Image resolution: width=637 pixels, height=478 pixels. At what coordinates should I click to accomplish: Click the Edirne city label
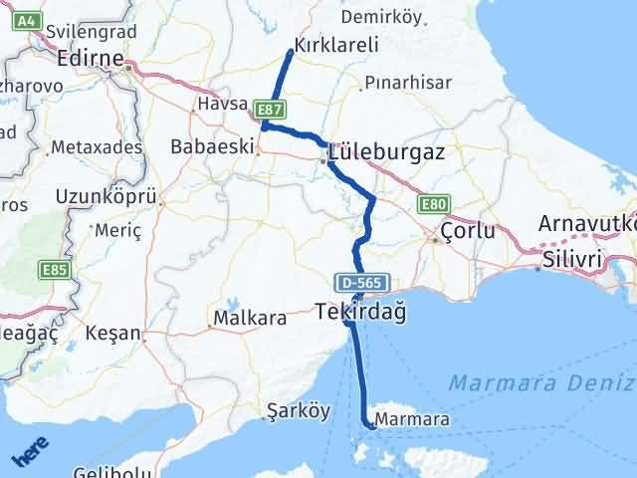pos(91,58)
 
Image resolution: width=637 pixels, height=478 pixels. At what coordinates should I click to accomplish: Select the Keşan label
pos(112,332)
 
